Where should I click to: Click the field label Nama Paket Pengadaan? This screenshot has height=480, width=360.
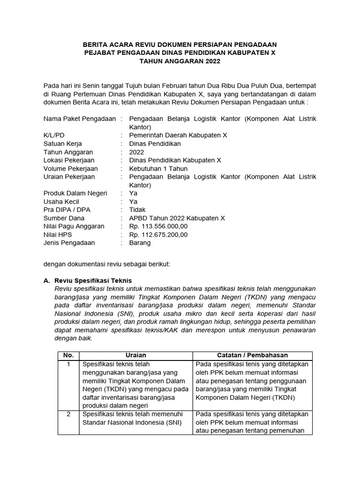click(x=79, y=119)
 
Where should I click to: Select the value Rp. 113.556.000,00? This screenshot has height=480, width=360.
click(x=158, y=226)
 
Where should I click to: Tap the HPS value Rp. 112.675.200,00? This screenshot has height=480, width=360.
click(x=158, y=234)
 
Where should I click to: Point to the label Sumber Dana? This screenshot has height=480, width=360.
click(x=64, y=218)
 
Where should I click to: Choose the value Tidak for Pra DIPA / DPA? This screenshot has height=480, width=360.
click(x=137, y=210)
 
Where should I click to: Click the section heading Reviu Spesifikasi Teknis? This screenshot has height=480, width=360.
click(x=93, y=280)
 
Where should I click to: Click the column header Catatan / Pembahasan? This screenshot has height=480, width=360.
click(x=253, y=355)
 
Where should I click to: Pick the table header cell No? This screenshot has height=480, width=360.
click(x=68, y=355)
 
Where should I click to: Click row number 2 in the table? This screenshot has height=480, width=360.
click(x=68, y=414)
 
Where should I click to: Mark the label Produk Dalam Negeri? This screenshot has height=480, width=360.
click(x=75, y=193)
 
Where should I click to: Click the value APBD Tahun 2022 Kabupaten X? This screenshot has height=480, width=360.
click(x=177, y=218)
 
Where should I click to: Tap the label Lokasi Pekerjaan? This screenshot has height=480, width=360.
click(x=69, y=160)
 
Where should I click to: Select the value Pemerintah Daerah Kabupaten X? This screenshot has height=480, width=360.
click(x=178, y=135)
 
